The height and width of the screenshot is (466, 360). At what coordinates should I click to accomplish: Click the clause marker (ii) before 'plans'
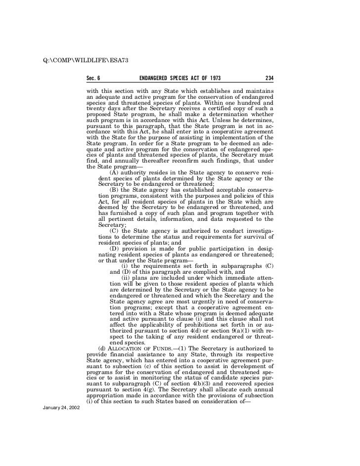(126, 278)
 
